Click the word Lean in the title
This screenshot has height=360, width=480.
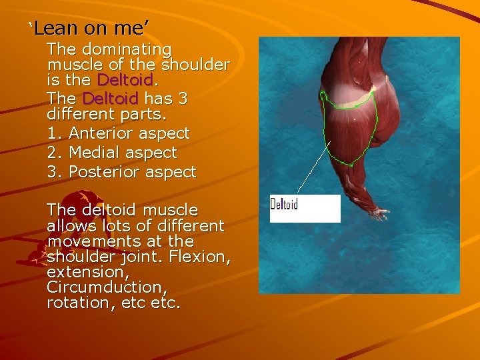point(55,28)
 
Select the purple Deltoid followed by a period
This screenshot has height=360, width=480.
point(125,80)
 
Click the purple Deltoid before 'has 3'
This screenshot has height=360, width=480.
point(110,99)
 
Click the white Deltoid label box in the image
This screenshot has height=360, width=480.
point(305,208)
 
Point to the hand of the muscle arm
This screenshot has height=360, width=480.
point(378,213)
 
